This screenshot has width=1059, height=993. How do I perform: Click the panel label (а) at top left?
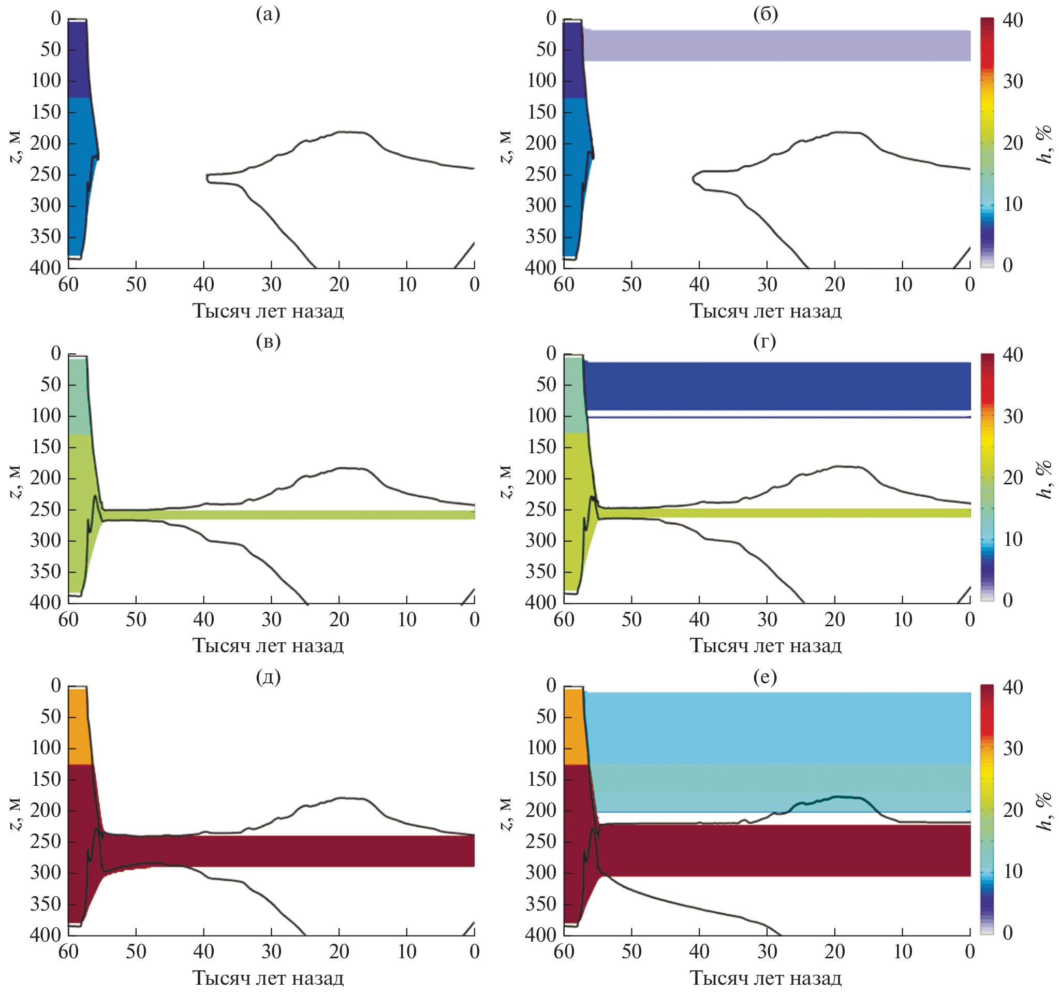click(x=268, y=15)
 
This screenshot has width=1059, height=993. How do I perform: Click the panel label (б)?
click(x=766, y=15)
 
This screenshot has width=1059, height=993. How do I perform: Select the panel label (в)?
click(x=268, y=341)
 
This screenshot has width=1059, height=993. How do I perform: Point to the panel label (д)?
click(x=268, y=677)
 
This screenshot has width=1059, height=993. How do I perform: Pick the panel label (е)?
click(x=765, y=677)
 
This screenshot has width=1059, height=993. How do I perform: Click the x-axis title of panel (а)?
click(x=268, y=311)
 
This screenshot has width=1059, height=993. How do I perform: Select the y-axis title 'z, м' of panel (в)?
click(x=16, y=482)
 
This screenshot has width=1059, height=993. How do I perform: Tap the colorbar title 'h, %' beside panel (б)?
click(x=1045, y=145)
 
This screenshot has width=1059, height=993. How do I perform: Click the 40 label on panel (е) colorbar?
click(x=1012, y=687)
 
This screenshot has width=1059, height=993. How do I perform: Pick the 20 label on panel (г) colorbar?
click(x=1012, y=478)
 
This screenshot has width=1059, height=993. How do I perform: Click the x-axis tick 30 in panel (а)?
click(x=271, y=284)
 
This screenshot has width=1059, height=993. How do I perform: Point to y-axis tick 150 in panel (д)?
click(x=47, y=779)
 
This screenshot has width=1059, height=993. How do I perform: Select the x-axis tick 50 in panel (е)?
click(x=631, y=952)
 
